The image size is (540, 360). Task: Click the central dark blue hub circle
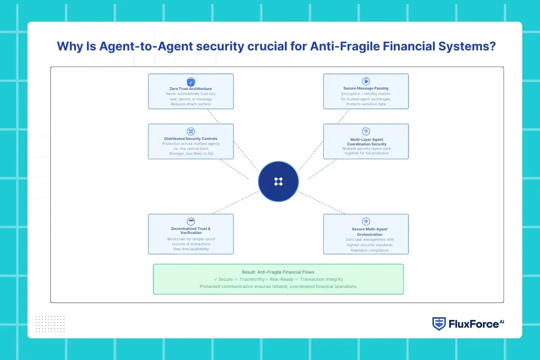click(x=278, y=181)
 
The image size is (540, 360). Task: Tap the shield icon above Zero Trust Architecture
click(x=191, y=82)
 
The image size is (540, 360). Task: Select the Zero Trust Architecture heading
click(x=191, y=89)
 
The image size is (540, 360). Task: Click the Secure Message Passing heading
click(x=366, y=88)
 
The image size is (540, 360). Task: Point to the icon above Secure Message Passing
click(x=366, y=81)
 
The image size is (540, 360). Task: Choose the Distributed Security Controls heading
click(x=191, y=139)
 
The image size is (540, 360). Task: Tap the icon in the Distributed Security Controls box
click(x=191, y=131)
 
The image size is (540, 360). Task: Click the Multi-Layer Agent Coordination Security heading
click(x=366, y=142)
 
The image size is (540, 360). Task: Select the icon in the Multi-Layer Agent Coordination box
click(x=366, y=131)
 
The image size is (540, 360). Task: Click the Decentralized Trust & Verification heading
click(x=191, y=231)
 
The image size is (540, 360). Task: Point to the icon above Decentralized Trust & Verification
click(x=191, y=221)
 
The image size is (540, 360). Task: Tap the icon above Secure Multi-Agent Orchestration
click(x=366, y=221)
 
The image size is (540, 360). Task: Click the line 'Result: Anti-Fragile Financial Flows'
click(x=278, y=272)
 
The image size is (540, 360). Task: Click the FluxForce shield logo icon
click(x=439, y=324)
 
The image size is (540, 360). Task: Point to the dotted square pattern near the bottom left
click(x=50, y=324)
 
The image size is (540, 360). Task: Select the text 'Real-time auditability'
click(x=191, y=249)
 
